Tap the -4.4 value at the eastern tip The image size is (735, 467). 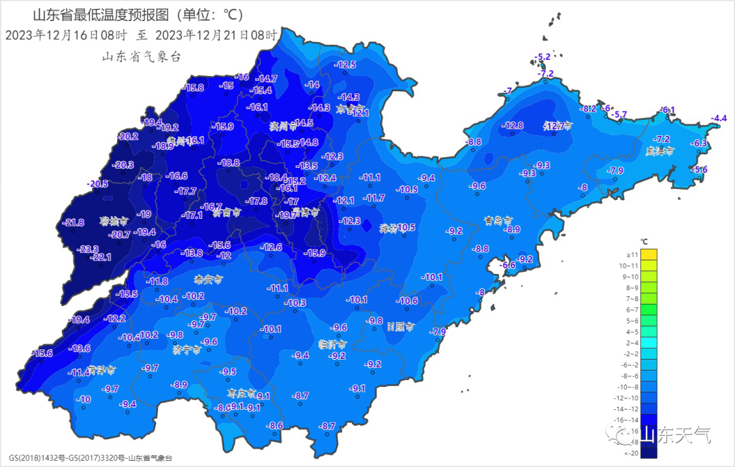[719, 119]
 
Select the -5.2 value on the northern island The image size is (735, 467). [543, 56]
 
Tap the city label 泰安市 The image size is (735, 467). [208, 279]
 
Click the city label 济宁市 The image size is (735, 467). [186, 350]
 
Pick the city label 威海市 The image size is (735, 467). [659, 151]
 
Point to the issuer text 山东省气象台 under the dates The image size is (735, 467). [142, 57]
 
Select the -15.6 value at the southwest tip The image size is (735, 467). [42, 353]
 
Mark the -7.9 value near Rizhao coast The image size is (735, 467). [438, 332]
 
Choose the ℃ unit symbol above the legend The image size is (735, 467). [644, 241]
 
